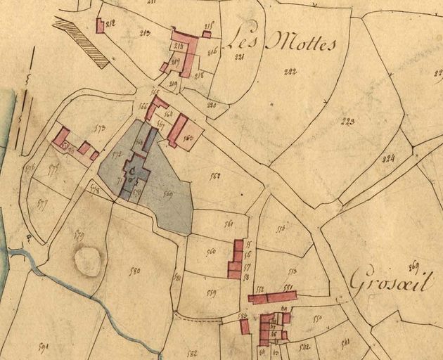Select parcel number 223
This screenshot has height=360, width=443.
coord(347,122)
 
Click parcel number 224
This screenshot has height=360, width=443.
coord(387,158)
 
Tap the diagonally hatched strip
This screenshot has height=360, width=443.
coord(81,42)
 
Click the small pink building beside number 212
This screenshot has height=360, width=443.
coord(100,26)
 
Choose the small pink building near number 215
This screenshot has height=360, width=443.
coord(207,34)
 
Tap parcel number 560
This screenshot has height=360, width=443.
coord(210,252)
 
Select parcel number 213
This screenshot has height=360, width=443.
coord(146,32)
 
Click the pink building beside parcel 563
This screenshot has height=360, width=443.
coord(177,131)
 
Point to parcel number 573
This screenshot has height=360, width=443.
coord(98,129)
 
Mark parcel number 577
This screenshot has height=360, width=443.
coord(44,205)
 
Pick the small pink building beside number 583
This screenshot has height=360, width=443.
coord(244,326)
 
